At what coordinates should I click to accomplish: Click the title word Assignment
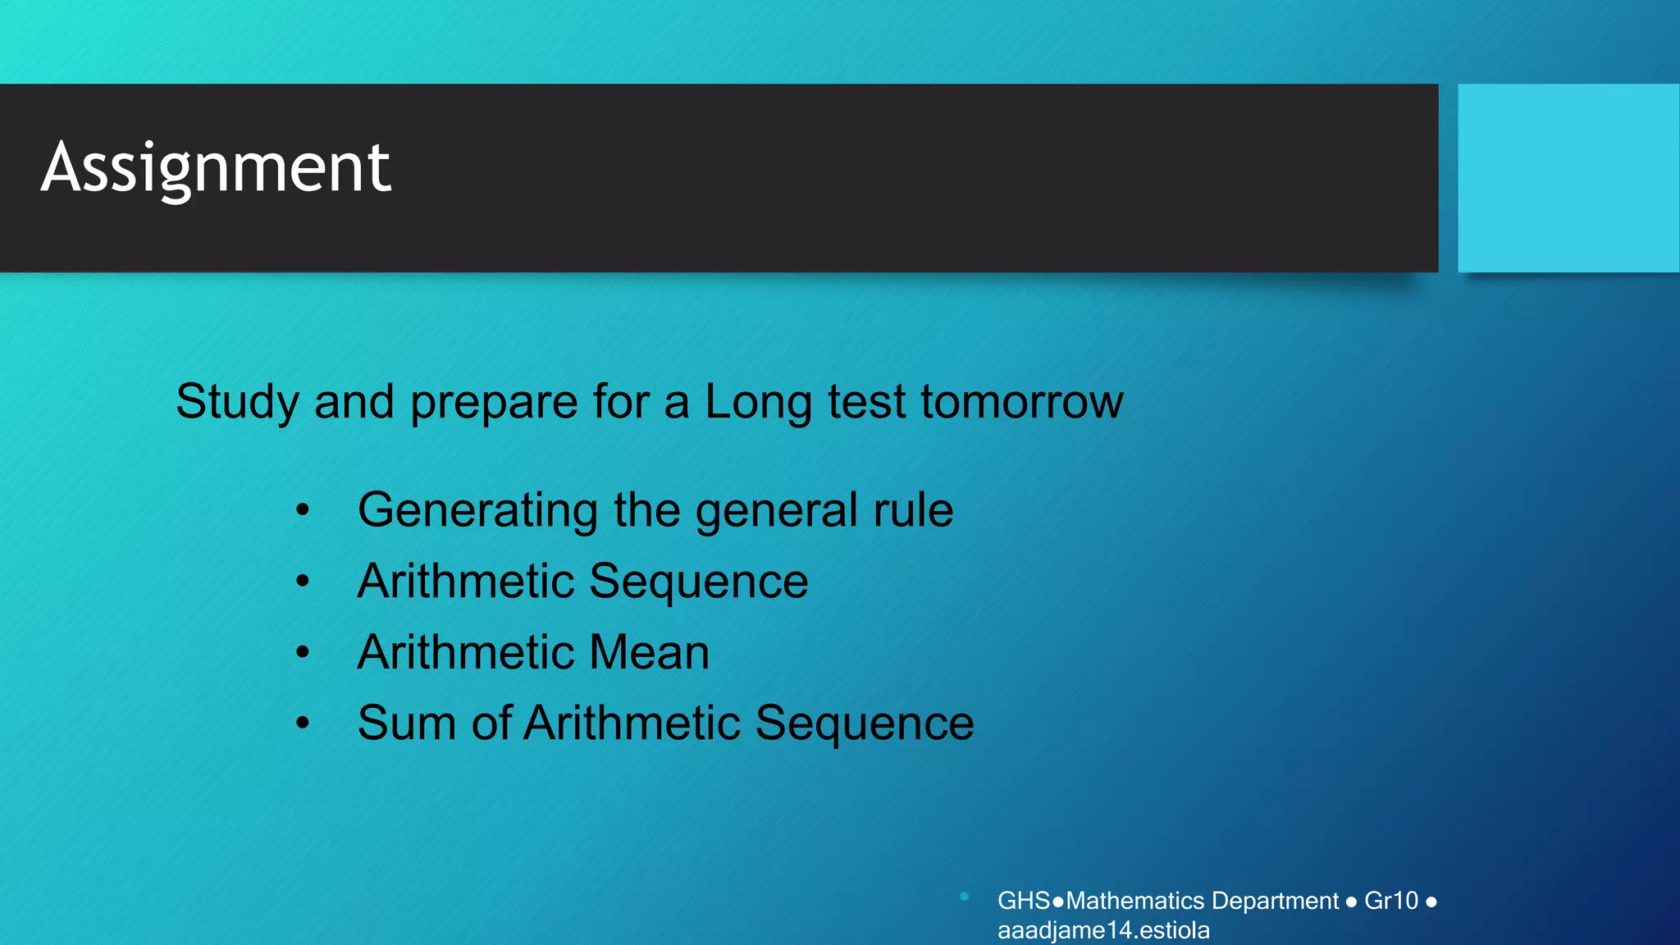[x=216, y=167]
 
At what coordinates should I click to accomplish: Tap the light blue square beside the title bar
[x=1568, y=178]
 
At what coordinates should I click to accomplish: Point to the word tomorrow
[x=1021, y=402]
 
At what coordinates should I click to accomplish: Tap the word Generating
[x=477, y=510]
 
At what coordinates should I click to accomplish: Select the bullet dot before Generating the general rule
[x=303, y=511]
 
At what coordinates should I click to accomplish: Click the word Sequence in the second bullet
[x=698, y=582]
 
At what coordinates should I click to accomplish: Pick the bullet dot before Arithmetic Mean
[x=303, y=653]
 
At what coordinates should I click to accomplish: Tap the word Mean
[x=649, y=653]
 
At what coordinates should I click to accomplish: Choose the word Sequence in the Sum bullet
[x=864, y=724]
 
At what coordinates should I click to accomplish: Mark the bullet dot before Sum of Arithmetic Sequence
[x=303, y=724]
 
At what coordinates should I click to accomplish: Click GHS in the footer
[x=1023, y=901]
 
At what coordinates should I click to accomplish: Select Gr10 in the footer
[x=1390, y=901]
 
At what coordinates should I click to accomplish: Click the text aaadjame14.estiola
[x=1103, y=930]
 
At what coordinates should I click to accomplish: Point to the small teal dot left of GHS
[x=965, y=897]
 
